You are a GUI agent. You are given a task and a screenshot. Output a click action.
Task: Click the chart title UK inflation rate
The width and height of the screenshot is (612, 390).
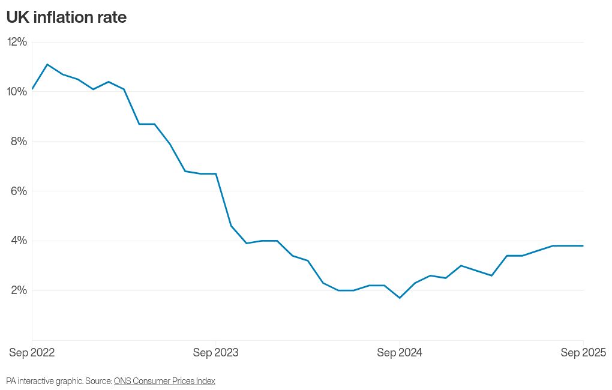(x=66, y=17)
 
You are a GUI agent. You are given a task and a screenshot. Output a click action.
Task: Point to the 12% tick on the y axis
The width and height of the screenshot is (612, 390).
(x=17, y=42)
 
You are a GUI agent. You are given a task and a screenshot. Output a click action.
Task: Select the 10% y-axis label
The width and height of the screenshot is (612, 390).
(x=17, y=92)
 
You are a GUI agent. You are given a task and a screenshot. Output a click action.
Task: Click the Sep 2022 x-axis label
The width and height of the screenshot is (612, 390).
(x=32, y=353)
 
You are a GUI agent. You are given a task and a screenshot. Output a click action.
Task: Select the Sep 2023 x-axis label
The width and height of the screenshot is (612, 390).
(x=215, y=353)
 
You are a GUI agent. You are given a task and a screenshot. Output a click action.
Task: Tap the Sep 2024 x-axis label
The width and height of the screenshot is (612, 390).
(x=400, y=353)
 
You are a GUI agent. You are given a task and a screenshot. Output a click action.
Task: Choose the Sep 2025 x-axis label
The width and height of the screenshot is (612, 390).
(x=583, y=353)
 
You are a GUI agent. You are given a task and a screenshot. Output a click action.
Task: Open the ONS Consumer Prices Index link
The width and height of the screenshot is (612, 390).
(x=164, y=381)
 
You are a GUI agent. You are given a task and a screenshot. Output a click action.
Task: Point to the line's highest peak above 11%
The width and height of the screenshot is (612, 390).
(x=47, y=64)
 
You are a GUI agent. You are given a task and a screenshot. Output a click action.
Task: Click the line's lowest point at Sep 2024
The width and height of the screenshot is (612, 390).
(x=400, y=298)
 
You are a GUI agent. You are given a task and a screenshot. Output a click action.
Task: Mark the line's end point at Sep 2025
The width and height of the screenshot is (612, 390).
(x=583, y=245)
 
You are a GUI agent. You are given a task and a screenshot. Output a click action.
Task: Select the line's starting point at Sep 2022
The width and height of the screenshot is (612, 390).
(x=32, y=89)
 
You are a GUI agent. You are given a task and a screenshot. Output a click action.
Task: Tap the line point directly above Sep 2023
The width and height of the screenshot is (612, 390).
(x=216, y=174)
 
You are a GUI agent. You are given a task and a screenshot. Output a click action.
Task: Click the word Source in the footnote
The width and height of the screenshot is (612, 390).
(x=98, y=381)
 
